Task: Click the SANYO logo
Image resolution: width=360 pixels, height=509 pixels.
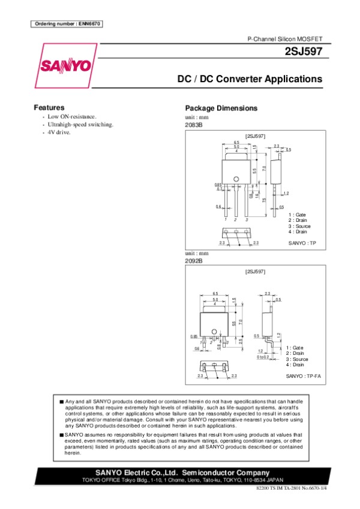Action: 66,64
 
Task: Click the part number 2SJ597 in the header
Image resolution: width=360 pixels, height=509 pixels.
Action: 304,52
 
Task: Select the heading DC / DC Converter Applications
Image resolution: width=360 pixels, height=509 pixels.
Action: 249,79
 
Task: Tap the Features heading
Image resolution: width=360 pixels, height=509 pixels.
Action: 49,107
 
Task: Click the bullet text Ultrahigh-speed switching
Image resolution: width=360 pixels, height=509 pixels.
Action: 80,124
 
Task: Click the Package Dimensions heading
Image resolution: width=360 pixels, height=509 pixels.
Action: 221,109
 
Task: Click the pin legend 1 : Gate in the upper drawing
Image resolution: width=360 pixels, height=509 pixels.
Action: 298,214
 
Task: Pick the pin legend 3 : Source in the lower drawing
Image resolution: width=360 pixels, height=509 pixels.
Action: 298,359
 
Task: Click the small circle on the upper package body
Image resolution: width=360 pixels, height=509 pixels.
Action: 236,179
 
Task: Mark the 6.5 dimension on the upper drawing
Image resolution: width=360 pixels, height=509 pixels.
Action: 236,142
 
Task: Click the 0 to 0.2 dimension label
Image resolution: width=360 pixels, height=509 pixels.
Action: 263,357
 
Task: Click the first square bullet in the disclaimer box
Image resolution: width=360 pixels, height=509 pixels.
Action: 62,400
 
